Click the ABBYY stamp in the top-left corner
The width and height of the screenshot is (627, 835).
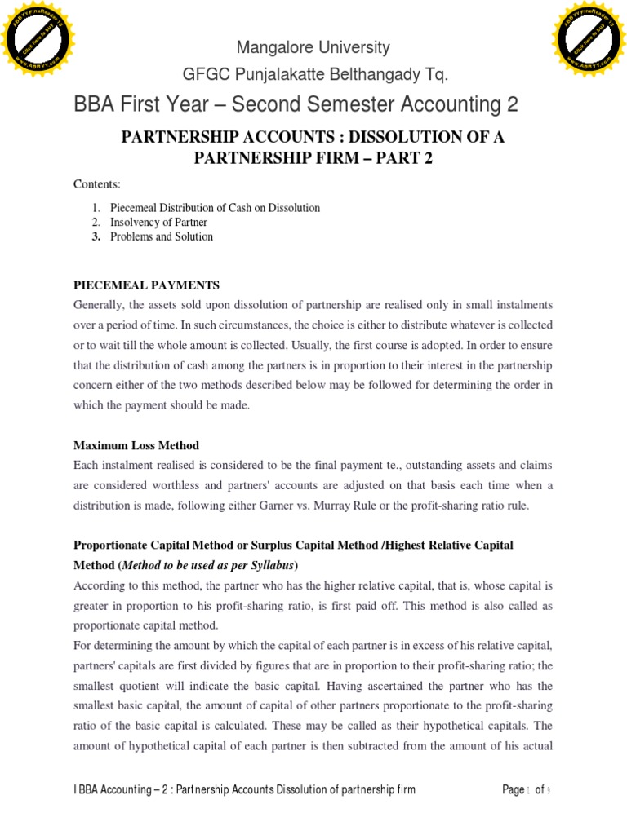tap(38, 37)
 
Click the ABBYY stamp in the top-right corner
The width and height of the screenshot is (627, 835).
tap(589, 37)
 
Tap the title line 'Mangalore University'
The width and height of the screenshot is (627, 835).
tap(313, 47)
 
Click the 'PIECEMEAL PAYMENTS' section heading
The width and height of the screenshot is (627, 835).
tap(147, 285)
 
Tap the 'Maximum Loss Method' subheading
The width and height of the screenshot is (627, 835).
tap(136, 445)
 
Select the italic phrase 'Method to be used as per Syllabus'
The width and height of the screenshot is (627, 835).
tap(208, 565)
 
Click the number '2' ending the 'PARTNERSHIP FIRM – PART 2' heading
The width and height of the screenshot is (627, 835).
tap(427, 157)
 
